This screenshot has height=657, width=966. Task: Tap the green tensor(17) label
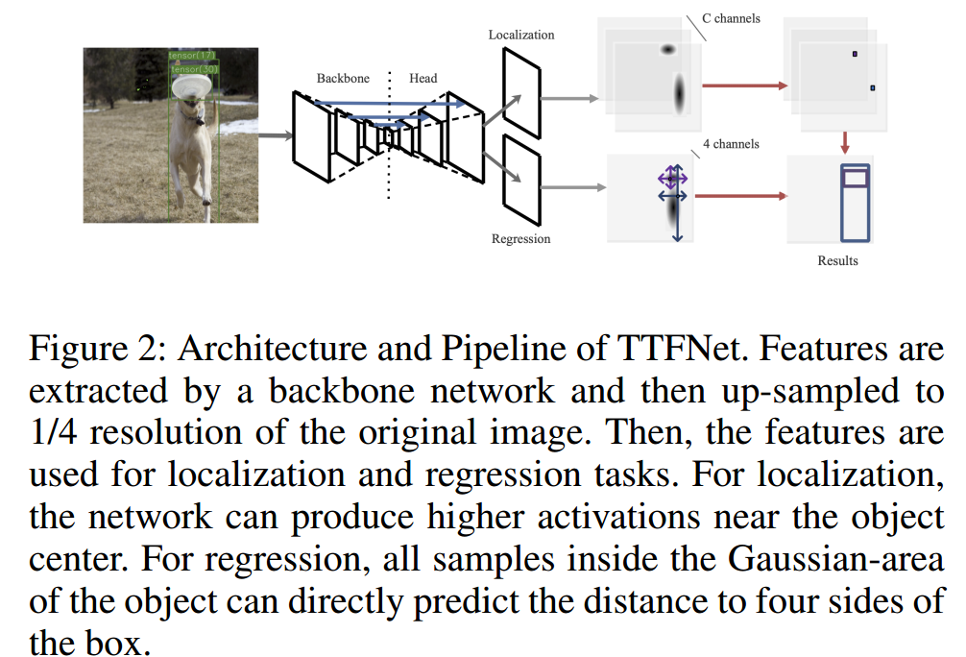coord(192,56)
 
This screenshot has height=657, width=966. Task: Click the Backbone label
coord(343,78)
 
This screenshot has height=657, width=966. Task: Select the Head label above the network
coord(423,78)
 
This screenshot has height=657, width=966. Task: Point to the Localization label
coord(521,35)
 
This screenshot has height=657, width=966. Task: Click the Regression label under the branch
coord(521,239)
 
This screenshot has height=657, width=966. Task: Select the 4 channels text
coord(731,144)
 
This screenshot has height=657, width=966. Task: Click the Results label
coord(837,260)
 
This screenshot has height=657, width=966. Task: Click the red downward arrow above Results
coord(846,142)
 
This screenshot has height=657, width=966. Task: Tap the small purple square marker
coord(855,54)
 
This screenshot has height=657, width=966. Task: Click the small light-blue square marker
coord(872,88)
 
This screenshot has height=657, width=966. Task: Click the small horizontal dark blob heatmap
coord(668,50)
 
